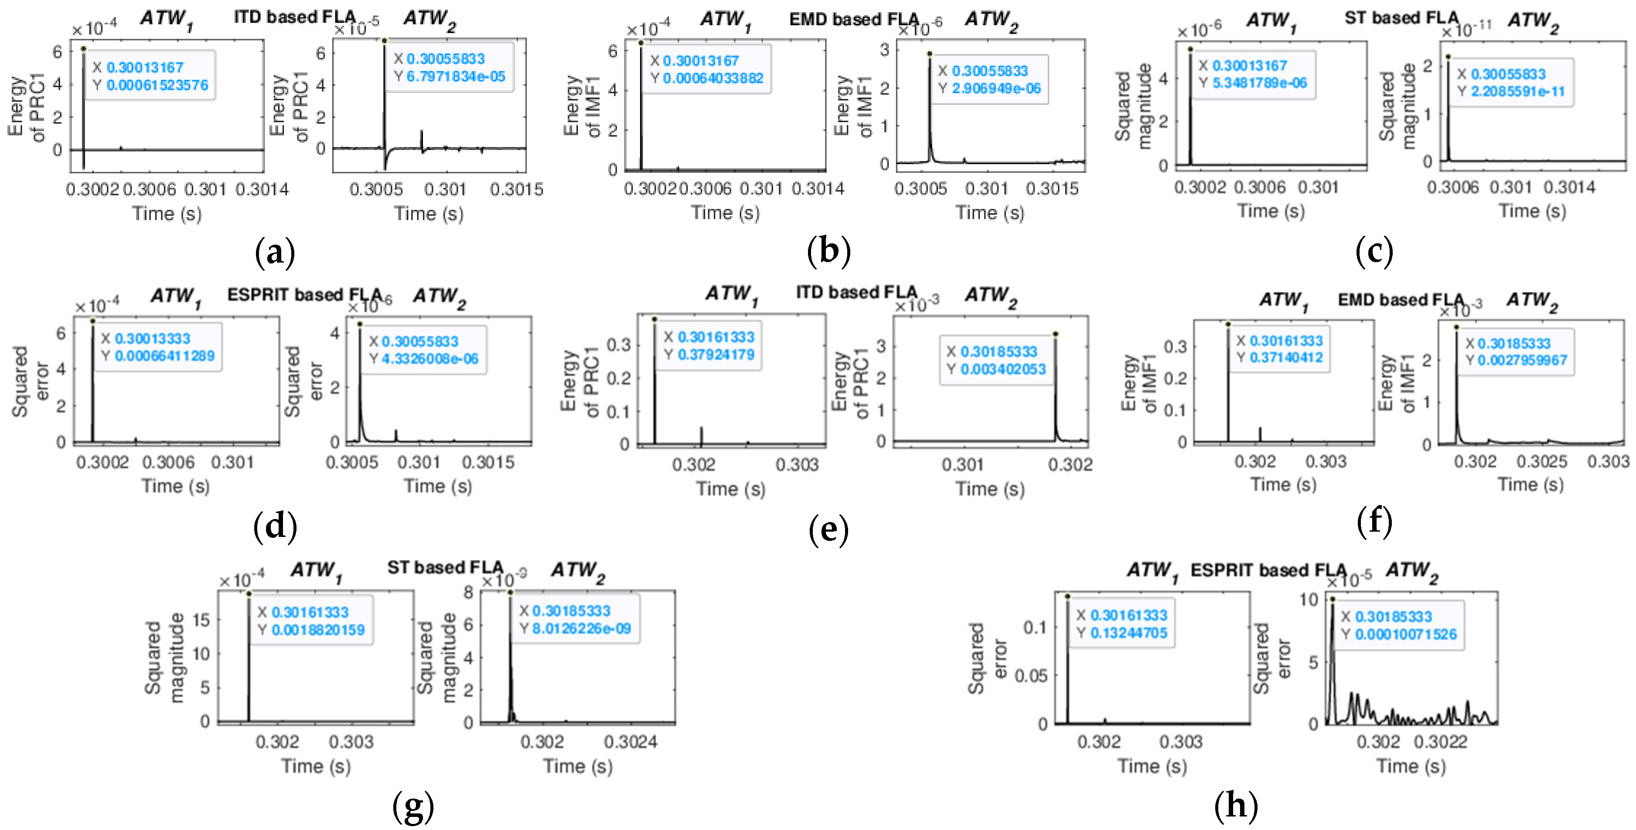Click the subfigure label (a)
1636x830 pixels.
click(x=274, y=253)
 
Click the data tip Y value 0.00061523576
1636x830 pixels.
click(x=157, y=85)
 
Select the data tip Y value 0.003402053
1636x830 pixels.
click(x=1003, y=369)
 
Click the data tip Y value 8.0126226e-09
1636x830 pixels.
click(x=581, y=628)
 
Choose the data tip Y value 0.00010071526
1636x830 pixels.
click(x=1405, y=634)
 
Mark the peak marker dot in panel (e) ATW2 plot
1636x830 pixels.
click(x=1055, y=334)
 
